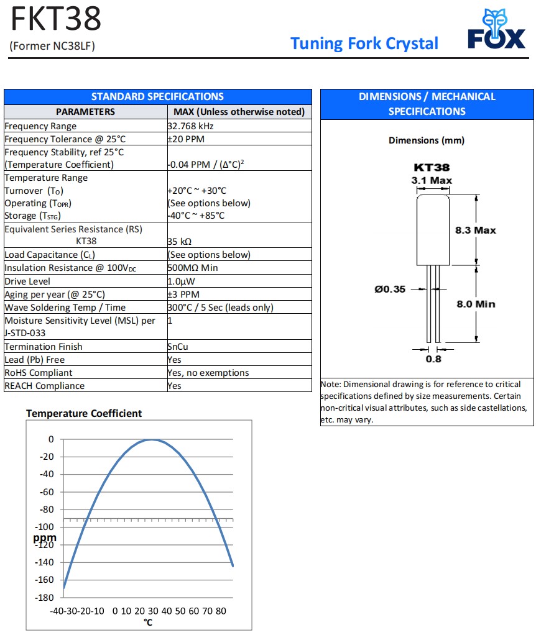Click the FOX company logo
(x=496, y=30)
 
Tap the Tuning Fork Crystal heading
(x=364, y=43)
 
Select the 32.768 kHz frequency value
(x=191, y=126)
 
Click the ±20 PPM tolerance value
(x=186, y=139)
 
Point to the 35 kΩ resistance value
(x=180, y=242)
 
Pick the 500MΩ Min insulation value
(x=192, y=268)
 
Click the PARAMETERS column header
(x=85, y=112)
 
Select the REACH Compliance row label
(x=44, y=386)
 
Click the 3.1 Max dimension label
(x=432, y=181)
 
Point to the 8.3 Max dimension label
(x=476, y=231)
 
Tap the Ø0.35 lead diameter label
(x=390, y=289)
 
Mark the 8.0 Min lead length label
(x=476, y=304)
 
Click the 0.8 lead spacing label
(x=433, y=359)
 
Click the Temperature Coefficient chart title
(x=84, y=413)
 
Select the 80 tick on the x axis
(x=221, y=611)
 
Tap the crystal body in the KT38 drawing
(x=433, y=230)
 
